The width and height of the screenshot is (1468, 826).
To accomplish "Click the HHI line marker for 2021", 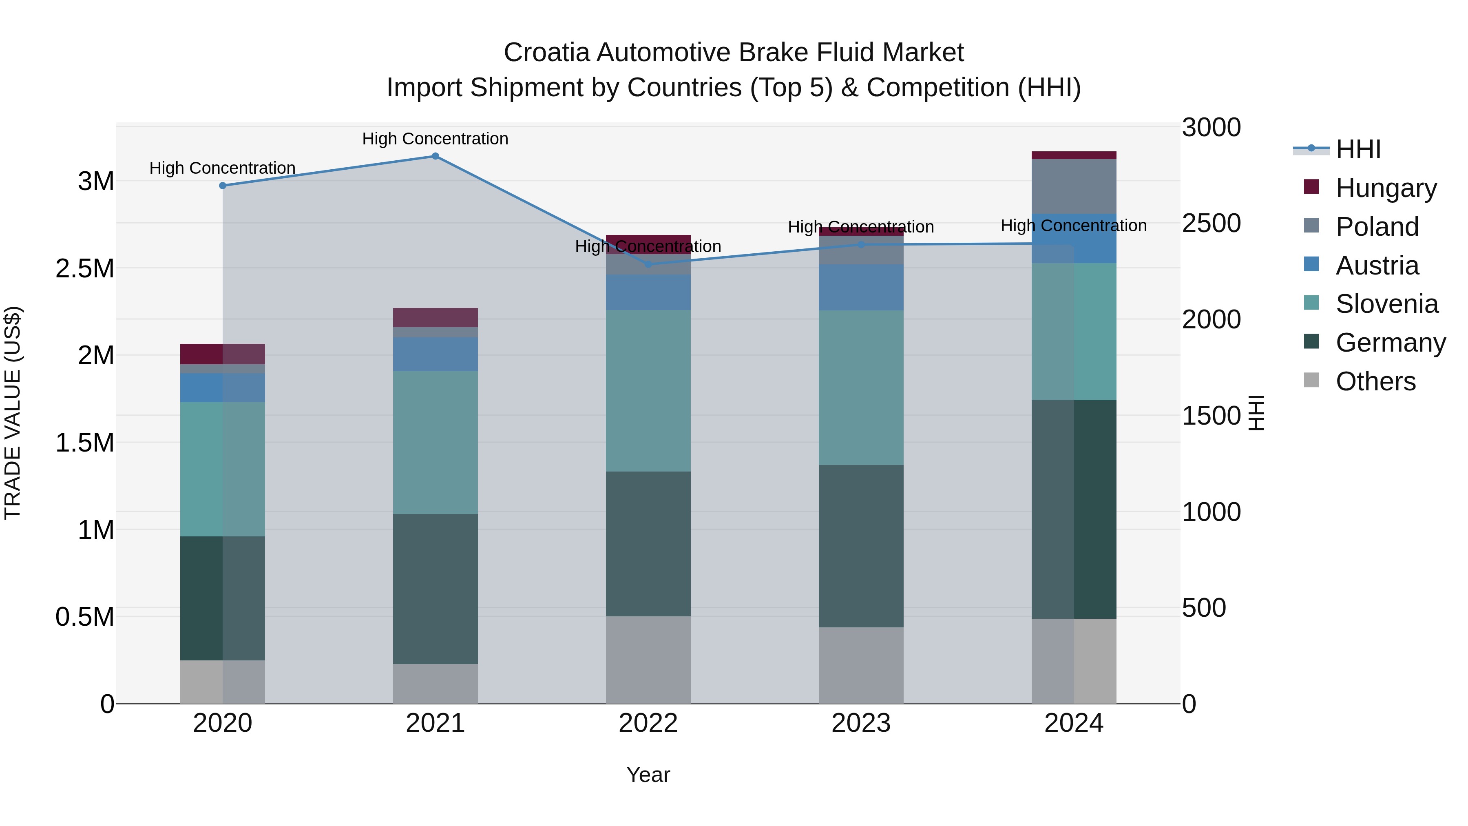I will [x=436, y=156].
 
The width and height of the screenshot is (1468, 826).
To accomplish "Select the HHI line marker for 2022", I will [x=648, y=264].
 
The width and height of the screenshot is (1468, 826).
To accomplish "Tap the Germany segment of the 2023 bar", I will [x=861, y=546].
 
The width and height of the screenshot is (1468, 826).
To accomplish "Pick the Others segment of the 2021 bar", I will [x=436, y=684].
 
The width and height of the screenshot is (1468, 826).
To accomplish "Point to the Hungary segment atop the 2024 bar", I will [x=1074, y=155].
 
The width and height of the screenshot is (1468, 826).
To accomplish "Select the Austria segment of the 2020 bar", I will [x=222, y=388].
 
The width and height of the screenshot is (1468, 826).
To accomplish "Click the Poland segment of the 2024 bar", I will [x=1074, y=186].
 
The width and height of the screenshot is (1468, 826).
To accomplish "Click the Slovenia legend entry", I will [x=1386, y=304].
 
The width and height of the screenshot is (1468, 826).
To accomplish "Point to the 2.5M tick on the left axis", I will [x=85, y=268].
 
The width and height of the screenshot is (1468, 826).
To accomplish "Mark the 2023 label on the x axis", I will [x=861, y=723].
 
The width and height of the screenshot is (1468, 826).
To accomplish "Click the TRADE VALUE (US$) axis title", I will [x=13, y=413].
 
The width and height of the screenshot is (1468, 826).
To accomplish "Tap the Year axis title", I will [x=648, y=775].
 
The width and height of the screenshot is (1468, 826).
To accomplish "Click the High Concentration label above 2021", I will [x=436, y=139].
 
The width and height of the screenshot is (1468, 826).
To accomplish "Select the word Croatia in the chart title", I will [x=546, y=53].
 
